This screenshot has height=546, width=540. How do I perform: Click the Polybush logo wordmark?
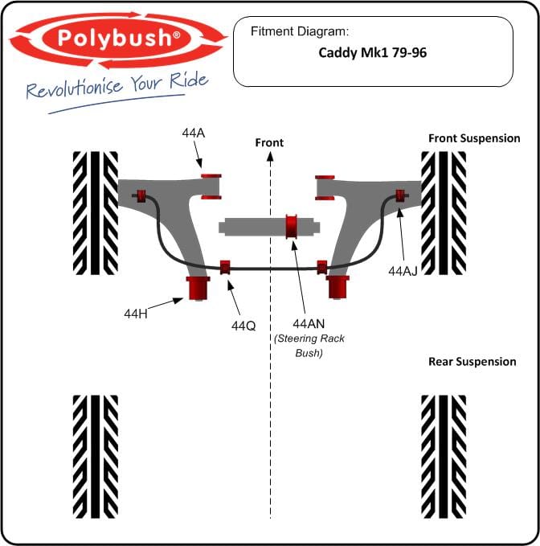pyautogui.click(x=119, y=38)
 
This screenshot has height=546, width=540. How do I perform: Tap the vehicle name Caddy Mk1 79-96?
pyautogui.click(x=372, y=53)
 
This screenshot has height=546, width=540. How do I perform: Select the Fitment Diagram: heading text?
pyautogui.click(x=300, y=31)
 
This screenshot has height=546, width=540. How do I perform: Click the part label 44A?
pyautogui.click(x=194, y=133)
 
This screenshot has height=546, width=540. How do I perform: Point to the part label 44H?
pyautogui.click(x=136, y=314)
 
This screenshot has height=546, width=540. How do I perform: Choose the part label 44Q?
pyautogui.click(x=243, y=326)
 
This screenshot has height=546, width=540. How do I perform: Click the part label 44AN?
pyautogui.click(x=309, y=324)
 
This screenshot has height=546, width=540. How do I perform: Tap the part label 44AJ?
pyautogui.click(x=403, y=271)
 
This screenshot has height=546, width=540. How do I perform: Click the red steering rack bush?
pyautogui.click(x=292, y=227)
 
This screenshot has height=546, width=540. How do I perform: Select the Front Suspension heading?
pyautogui.click(x=474, y=138)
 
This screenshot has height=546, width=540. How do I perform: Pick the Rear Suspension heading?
pyautogui.click(x=472, y=361)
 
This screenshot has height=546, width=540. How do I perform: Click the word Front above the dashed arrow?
pyautogui.click(x=269, y=142)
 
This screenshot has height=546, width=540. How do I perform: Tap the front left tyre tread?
pyautogui.click(x=96, y=213)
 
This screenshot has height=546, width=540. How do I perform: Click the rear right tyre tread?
pyautogui.click(x=444, y=457)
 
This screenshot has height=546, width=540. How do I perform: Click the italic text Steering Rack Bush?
pyautogui.click(x=309, y=346)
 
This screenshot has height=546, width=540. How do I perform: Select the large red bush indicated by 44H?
pyautogui.click(x=198, y=289)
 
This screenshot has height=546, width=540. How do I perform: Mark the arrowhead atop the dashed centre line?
pyautogui.click(x=270, y=157)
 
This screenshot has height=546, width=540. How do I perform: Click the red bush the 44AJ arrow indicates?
pyautogui.click(x=400, y=195)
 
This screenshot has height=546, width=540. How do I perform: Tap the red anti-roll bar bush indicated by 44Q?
pyautogui.click(x=226, y=267)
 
